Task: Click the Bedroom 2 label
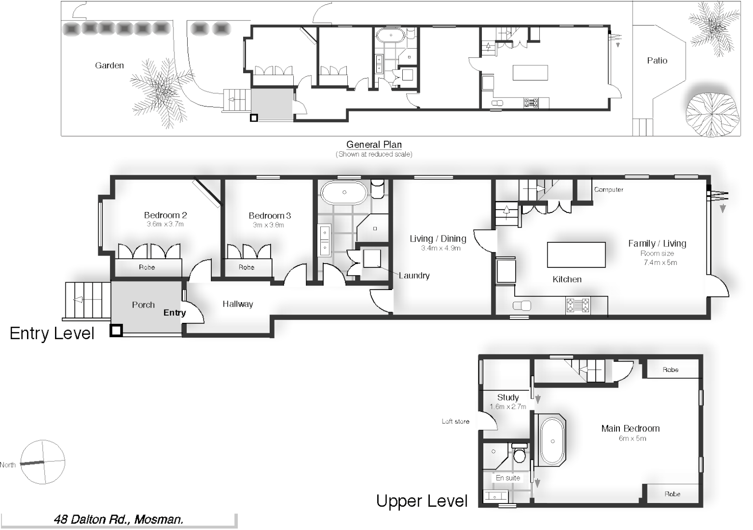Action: [165, 215]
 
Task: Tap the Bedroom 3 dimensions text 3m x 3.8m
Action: [268, 225]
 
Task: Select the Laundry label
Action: [414, 275]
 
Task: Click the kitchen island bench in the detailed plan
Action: [576, 255]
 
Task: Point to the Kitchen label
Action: [567, 279]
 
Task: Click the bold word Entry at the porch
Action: [174, 313]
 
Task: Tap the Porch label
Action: [143, 305]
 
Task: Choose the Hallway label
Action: [238, 304]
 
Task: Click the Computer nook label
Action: [609, 189]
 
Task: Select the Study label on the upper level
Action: [507, 397]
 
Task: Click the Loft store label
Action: [455, 421]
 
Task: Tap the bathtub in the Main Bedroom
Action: [552, 441]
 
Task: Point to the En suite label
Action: [507, 477]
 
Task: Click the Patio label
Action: [657, 60]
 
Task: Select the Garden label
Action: [109, 65]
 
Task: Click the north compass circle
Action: [43, 462]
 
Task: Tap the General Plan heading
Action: [374, 144]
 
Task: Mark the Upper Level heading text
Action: [421, 501]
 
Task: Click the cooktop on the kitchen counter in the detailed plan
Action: [578, 306]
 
